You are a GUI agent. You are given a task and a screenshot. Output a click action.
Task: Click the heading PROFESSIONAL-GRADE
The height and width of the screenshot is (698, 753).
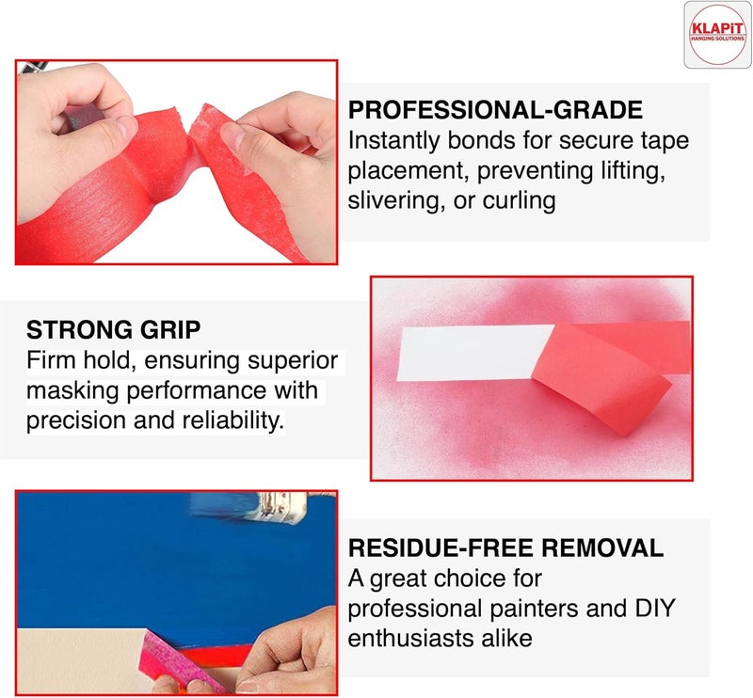pyautogui.click(x=495, y=110)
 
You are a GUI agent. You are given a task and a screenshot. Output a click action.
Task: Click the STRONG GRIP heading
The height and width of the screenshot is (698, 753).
pyautogui.click(x=113, y=330)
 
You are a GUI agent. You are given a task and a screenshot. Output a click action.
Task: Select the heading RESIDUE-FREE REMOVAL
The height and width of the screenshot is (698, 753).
pyautogui.click(x=505, y=548)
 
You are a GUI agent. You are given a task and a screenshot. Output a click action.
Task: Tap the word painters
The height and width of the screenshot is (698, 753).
pyautogui.click(x=534, y=608)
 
